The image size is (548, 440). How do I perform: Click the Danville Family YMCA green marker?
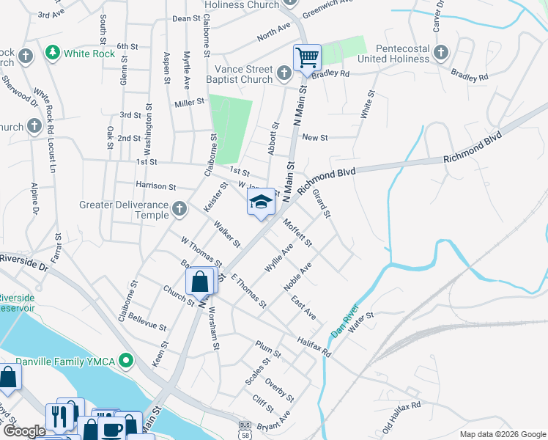tap(127, 360)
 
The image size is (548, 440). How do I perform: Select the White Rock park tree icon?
tap(51, 53)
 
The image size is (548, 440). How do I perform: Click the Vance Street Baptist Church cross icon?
tap(286, 73)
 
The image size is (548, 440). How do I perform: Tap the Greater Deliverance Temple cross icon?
tap(179, 210)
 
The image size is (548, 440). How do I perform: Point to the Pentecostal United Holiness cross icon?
tap(440, 52)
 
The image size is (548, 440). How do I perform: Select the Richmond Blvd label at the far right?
tap(473, 148)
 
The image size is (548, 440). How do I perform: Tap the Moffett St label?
tap(298, 232)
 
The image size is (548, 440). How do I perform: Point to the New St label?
tap(314, 137)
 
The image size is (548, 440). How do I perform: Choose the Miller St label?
tap(188, 103)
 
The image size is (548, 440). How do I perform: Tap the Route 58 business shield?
tap(245, 426)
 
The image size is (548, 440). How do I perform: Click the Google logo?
tap(23, 430)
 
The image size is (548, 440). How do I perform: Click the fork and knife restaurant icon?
tap(57, 416)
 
